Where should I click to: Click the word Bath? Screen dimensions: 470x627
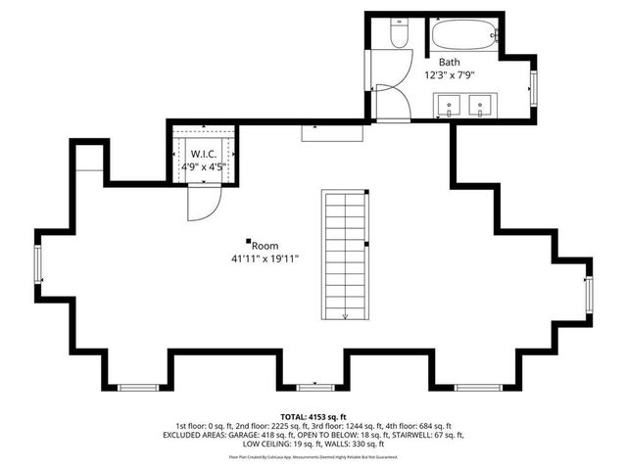coord(449,61)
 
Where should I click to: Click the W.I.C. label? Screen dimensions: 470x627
coord(204,153)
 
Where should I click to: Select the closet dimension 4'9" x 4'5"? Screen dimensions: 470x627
coord(204,165)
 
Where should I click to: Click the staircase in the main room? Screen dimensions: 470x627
coord(343,255)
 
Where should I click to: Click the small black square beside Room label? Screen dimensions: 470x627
coord(249,241)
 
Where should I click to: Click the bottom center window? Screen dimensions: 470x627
coord(313,387)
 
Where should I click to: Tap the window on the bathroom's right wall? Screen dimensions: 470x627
coord(534,85)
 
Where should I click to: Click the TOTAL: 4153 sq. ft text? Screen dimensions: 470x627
coord(313,417)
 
